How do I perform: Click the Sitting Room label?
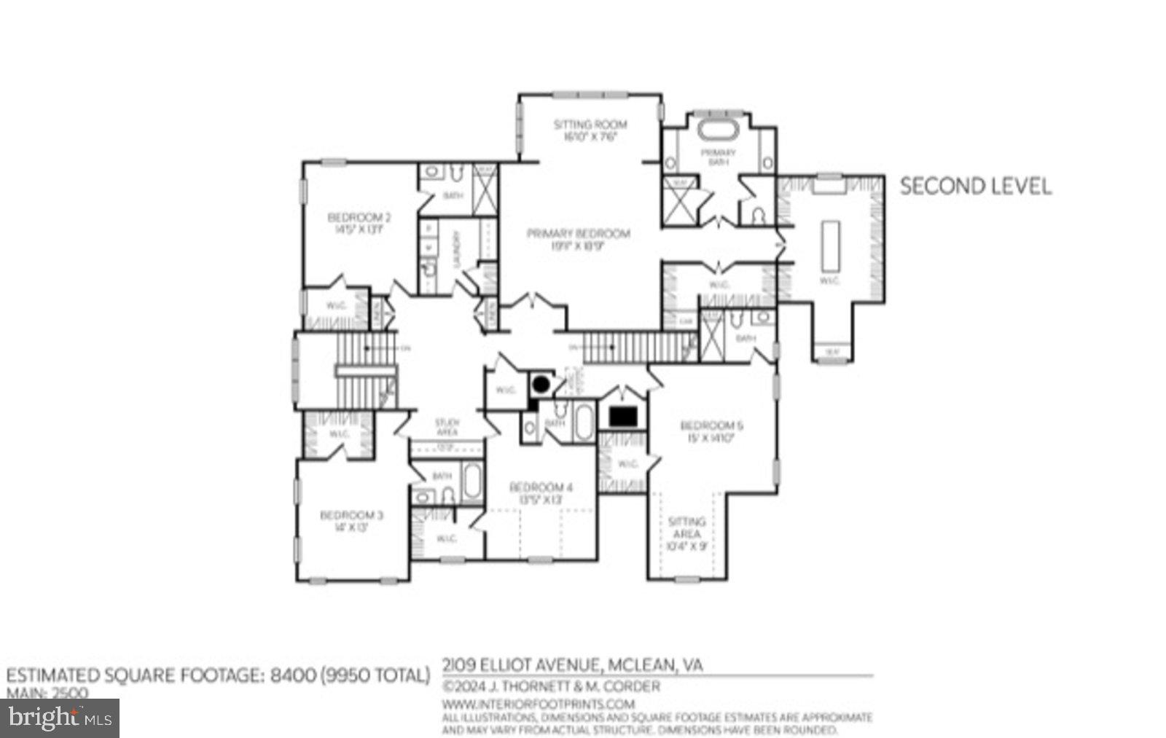coord(590,130)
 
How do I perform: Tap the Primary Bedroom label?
coord(578,239)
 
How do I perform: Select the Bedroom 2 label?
coord(359,222)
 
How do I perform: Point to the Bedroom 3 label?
coord(351,521)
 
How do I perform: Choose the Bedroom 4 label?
coord(541,493)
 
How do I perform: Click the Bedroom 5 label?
coord(711,431)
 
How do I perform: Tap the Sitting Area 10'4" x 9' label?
coord(686,533)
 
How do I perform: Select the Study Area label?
coord(447,427)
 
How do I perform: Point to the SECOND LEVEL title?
coord(975,187)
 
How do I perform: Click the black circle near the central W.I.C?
coord(541,383)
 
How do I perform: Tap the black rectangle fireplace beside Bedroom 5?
coord(623,417)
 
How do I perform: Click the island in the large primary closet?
coord(829,245)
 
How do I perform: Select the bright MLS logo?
coord(60,718)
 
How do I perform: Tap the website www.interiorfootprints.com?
coord(539,704)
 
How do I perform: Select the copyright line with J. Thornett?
coord(551,686)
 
